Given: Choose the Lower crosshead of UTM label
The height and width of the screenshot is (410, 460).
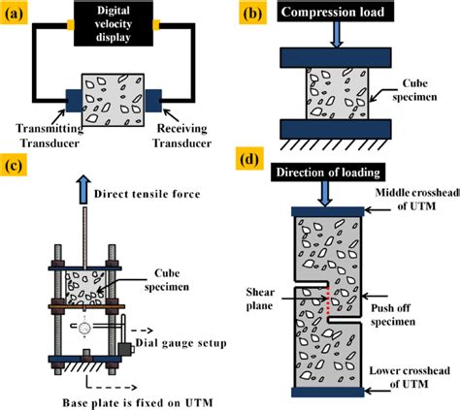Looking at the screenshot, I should pos(411,378).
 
